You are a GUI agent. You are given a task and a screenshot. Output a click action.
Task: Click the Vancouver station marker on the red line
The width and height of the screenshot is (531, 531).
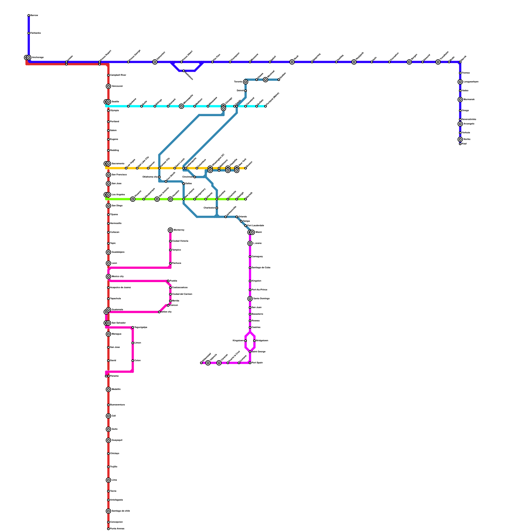point(109,86)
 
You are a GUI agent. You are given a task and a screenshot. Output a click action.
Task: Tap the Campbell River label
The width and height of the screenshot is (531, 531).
point(118,75)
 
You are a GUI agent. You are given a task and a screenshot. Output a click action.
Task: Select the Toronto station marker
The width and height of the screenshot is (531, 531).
point(246,82)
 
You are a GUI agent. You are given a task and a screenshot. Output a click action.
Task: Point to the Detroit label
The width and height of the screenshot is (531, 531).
point(240,91)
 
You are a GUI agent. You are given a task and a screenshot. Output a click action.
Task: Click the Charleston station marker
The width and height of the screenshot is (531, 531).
point(217,208)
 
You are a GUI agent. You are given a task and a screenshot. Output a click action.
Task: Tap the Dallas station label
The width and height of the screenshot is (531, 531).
point(188,184)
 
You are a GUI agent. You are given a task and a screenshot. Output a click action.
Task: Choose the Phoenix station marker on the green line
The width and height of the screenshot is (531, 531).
point(133,199)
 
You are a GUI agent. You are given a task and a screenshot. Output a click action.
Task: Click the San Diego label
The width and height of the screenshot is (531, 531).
point(117,206)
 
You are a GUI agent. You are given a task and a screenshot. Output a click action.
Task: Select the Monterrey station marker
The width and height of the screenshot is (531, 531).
point(170,230)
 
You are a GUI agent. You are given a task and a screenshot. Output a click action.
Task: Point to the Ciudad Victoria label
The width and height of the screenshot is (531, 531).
point(180,241)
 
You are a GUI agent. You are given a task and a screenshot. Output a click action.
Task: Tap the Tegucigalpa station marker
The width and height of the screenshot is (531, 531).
point(133,328)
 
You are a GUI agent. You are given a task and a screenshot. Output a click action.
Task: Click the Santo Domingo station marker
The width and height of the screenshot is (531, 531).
point(250,299)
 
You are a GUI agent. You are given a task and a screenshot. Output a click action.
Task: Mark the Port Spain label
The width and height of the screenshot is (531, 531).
point(257,363)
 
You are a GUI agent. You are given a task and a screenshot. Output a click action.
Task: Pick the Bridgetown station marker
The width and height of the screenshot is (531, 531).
point(255,341)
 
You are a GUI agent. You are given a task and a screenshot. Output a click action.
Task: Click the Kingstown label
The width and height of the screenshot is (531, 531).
point(238,341)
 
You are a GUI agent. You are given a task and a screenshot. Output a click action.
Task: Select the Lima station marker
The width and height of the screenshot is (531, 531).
point(109,480)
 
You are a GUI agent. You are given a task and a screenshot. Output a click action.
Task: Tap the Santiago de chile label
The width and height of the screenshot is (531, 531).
point(120,511)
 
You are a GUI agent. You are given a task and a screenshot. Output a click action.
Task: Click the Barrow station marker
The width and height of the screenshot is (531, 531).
point(29,16)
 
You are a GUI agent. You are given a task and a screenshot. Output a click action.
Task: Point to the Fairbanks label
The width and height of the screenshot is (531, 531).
point(36,33)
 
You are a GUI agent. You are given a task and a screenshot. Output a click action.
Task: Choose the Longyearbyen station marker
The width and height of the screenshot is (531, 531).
point(460,82)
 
